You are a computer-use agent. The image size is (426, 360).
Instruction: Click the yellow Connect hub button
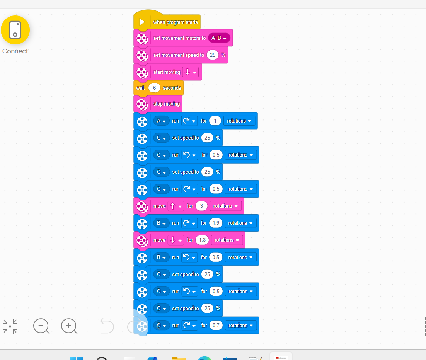tap(15, 30)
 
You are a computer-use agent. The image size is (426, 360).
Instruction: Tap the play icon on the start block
tap(142, 22)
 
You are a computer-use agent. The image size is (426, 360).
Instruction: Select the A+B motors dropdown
tap(219, 38)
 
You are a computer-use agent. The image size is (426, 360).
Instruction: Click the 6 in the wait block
tap(154, 88)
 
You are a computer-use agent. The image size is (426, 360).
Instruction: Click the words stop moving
tap(167, 104)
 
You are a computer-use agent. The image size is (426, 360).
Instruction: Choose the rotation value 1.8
tap(202, 240)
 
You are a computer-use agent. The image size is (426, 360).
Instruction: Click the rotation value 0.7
tap(216, 325)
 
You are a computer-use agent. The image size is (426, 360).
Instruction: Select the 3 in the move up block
tap(201, 206)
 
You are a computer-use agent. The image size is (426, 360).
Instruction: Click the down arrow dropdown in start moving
tap(191, 72)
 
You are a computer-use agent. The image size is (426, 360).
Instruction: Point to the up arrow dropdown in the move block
tap(175, 206)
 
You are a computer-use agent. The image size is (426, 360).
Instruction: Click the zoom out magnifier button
tap(41, 326)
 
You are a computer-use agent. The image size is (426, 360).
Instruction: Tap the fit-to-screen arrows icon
tap(10, 326)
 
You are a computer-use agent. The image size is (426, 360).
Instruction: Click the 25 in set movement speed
tap(212, 55)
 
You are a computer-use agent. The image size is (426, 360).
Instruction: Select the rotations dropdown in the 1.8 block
tap(227, 240)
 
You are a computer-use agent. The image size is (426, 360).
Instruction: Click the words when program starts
tap(176, 22)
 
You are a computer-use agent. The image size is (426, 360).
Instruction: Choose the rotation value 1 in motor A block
tap(215, 121)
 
